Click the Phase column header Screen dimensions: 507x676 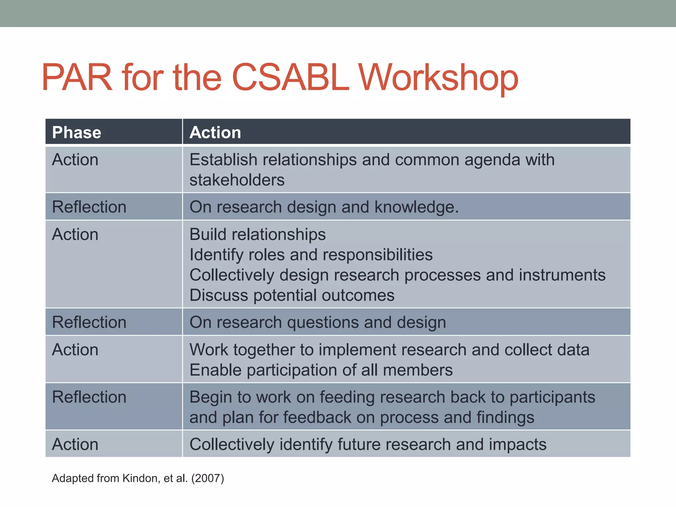[77, 132]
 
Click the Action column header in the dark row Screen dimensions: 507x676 [215, 132]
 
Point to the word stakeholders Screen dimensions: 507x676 [237, 180]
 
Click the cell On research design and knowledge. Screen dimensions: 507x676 [324, 207]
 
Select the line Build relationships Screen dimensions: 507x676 [257, 234]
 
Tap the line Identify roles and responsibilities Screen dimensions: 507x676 [311, 255]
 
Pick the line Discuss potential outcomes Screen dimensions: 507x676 [292, 295]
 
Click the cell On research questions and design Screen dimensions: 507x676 [318, 322]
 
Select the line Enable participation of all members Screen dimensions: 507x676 [321, 370]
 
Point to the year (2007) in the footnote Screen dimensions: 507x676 [208, 478]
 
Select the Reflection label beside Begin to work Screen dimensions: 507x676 [89, 397]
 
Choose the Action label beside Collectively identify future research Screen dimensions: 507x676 [75, 444]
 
